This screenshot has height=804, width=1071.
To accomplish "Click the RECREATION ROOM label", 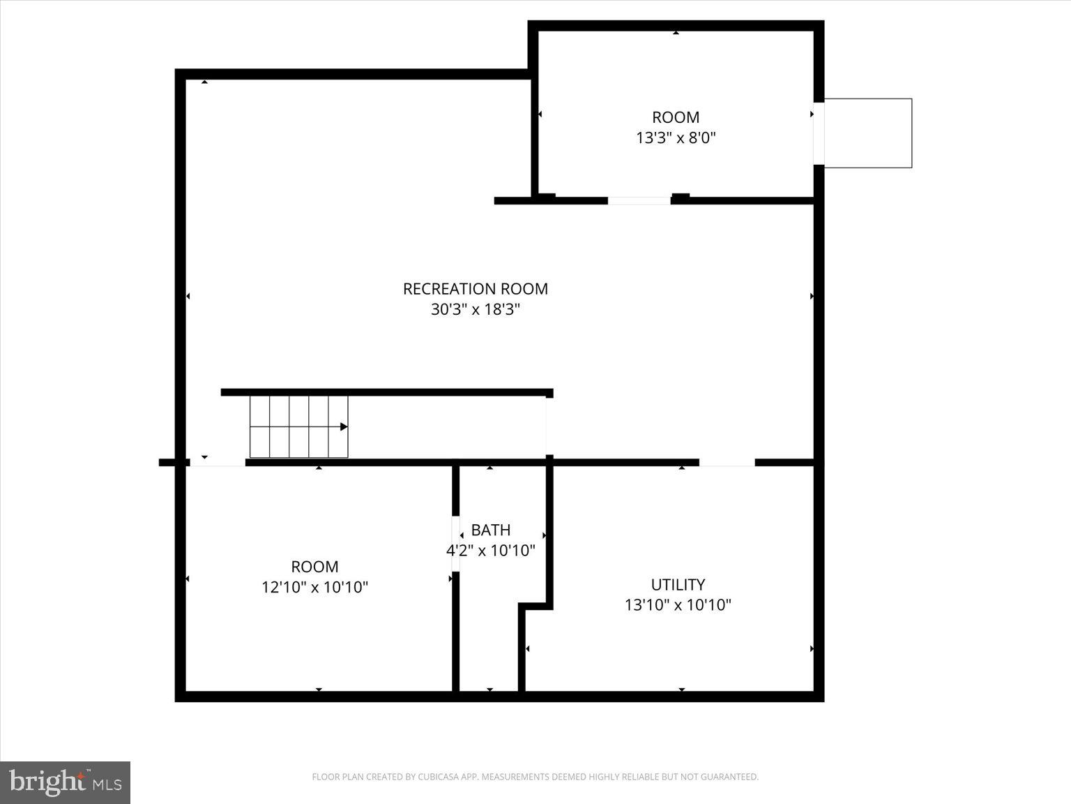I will coord(475,288).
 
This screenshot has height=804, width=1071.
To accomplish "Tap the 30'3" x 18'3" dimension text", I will coord(475,309).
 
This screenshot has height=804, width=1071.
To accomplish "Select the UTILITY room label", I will coord(677,584).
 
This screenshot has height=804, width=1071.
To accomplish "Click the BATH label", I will coord(490,530).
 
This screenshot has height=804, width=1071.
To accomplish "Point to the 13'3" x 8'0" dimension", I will coord(675,137).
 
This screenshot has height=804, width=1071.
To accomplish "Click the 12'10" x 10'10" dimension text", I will coord(314,587).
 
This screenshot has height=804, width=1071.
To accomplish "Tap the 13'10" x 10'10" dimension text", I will coord(677,604).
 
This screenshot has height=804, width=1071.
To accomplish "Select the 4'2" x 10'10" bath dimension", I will coord(490,550).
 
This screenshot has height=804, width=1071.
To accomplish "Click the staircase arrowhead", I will coord(344,426).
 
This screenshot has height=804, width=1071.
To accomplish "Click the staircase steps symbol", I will coord(298,426).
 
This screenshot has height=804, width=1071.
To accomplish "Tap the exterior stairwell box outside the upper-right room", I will coord(867,133).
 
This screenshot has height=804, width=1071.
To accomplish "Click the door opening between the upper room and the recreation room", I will coord(639,201).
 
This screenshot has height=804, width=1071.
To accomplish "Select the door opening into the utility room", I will coord(727,462).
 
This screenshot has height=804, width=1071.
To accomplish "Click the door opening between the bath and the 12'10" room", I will coord(455,544).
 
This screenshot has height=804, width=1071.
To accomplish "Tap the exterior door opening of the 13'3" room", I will coord(819,133).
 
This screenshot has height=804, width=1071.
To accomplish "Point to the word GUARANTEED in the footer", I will coord(732,777).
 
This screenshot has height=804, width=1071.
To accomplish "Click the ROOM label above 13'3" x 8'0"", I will coord(675,117).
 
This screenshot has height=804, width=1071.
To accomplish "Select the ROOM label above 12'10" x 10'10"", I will coord(314,567).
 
